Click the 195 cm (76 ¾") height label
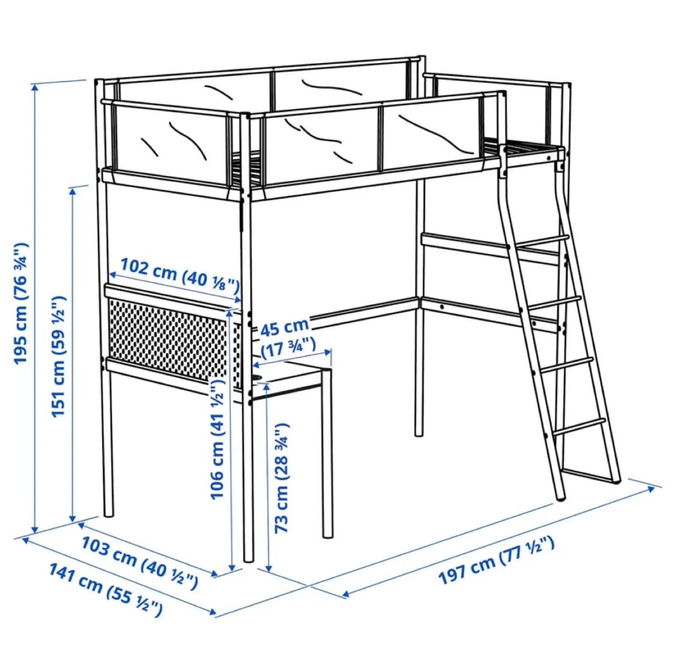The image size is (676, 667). tap(21, 304)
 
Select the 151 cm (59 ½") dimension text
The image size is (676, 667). tap(58, 356)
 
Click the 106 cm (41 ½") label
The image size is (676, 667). tap(217, 440)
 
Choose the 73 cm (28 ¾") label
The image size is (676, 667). tap(281, 478)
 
